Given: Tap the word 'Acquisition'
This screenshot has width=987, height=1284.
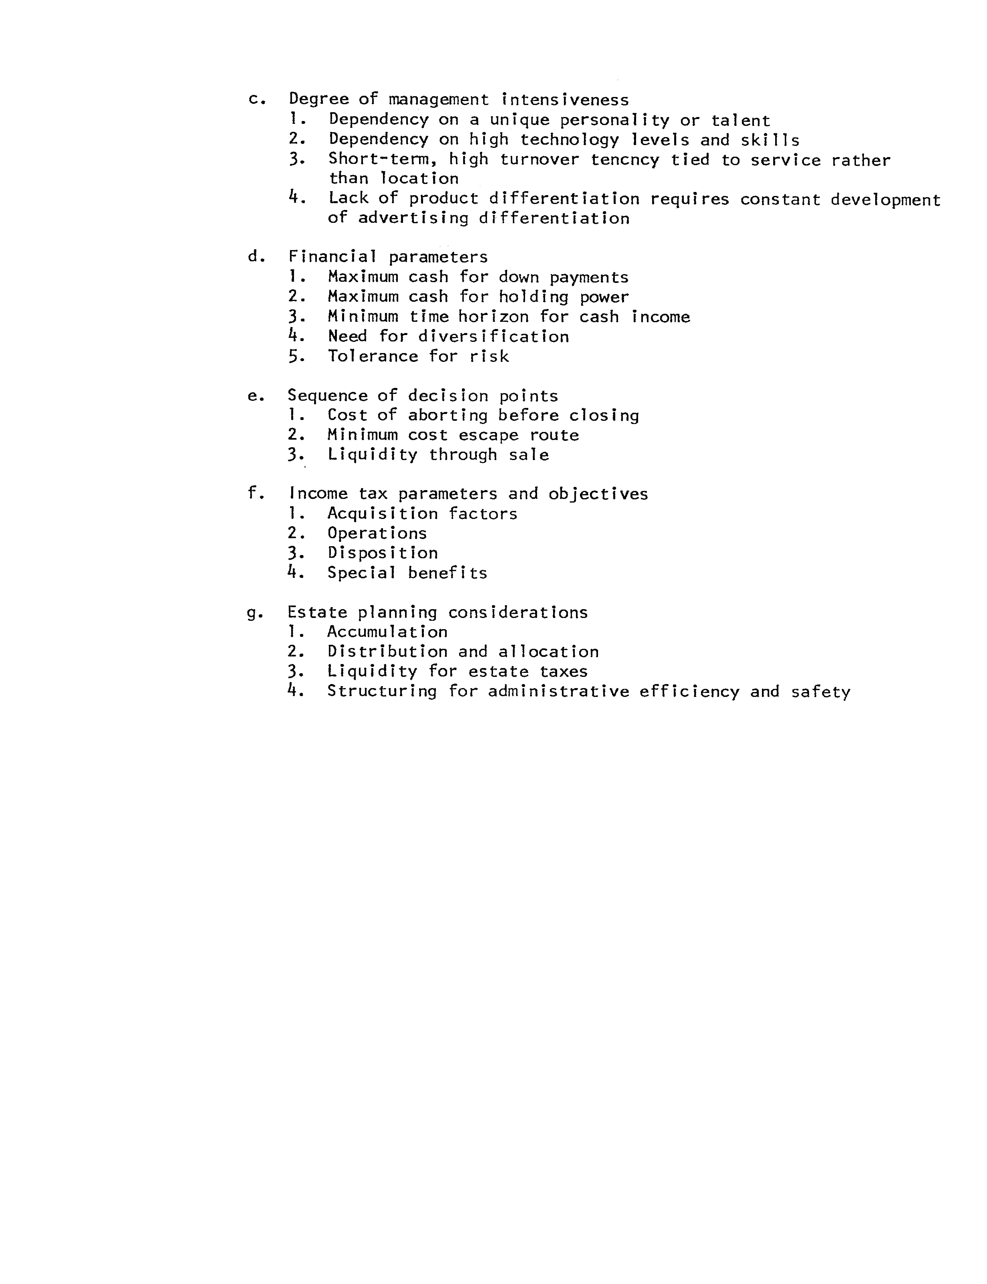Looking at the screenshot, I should [x=382, y=514].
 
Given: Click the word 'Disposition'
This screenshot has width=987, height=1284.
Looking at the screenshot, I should [x=382, y=553].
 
